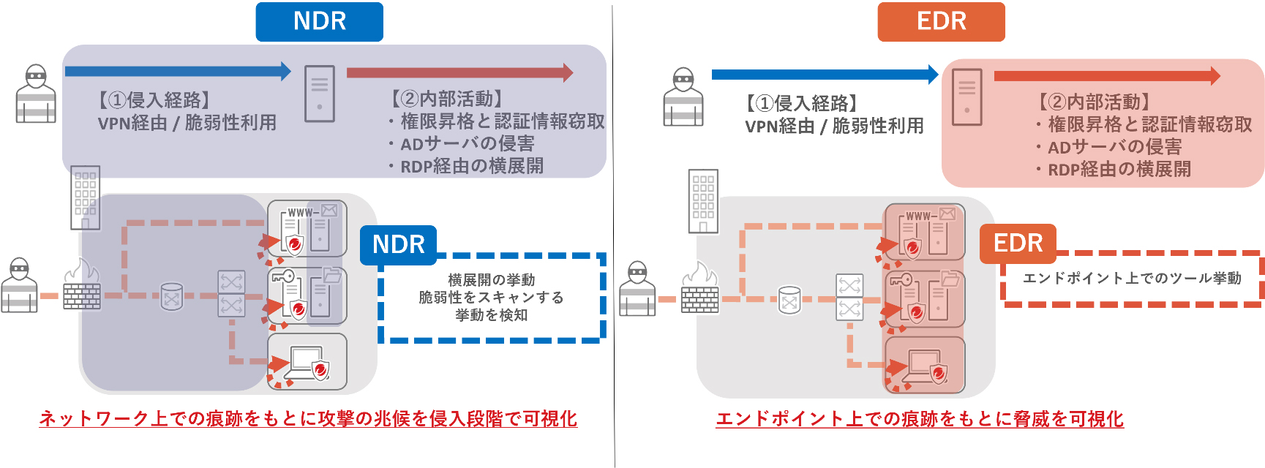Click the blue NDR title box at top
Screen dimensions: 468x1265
pos(319,22)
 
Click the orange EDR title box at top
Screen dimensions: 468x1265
pos(941,22)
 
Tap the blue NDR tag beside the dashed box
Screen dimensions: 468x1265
pos(398,244)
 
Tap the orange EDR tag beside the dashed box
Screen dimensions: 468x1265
pos(1018,244)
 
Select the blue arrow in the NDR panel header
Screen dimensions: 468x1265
pos(178,71)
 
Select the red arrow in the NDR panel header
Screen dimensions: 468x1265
pos(459,72)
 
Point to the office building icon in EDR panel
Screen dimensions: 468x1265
pos(703,201)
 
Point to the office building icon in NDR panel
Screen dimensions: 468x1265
pos(85,197)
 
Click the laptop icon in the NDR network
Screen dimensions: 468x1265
pos(306,363)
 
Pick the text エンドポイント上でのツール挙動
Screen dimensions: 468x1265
pos(1132,279)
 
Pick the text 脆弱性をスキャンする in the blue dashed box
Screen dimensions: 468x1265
pos(491,298)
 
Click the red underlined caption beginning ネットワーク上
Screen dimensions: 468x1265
pos(308,419)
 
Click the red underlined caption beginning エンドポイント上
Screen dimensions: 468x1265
pos(920,419)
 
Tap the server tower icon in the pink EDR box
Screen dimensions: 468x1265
pos(966,97)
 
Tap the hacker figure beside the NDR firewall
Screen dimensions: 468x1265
pos(19,286)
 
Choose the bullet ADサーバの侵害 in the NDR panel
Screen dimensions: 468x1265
pos(467,144)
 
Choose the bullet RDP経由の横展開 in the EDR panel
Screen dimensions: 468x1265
pos(1119,170)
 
